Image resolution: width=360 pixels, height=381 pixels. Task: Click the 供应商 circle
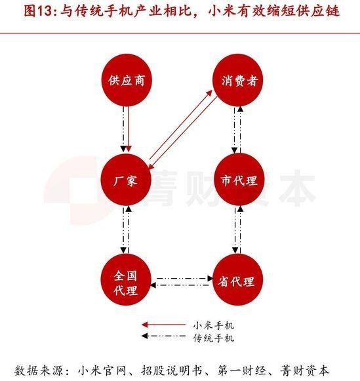tap(126, 80)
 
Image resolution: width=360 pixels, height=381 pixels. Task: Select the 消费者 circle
tap(238, 80)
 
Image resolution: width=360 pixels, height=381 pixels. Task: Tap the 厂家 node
tap(126, 180)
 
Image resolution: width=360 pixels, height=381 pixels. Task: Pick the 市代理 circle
tap(239, 180)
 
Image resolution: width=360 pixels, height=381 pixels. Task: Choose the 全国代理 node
tap(126, 279)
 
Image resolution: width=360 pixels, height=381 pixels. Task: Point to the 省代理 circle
tap(238, 279)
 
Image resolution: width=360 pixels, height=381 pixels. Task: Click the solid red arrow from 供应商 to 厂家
tap(129, 129)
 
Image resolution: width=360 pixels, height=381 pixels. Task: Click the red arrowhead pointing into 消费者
tap(209, 93)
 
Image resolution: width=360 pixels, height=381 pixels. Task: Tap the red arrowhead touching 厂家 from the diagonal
tap(151, 166)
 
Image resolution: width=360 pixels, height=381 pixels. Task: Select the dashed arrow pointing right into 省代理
tap(185, 278)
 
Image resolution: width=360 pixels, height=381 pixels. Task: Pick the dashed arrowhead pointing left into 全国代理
tap(153, 285)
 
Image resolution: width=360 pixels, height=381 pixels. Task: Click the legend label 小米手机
tap(213, 325)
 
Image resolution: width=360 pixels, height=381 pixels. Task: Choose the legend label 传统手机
tap(213, 338)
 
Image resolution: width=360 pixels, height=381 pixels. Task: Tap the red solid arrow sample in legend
tap(163, 325)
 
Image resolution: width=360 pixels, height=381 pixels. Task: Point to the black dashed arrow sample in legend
tap(163, 336)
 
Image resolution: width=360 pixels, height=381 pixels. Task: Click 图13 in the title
tap(39, 11)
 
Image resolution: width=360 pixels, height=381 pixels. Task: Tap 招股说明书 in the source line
tap(171, 371)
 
